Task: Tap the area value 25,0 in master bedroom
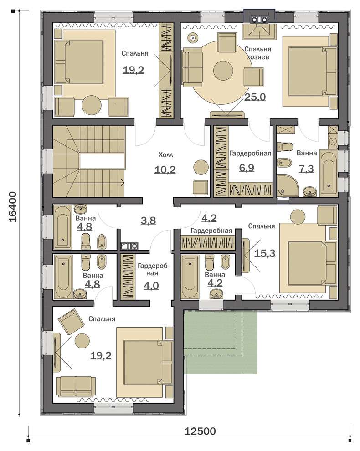coord(255,97)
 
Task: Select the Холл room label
coord(166,155)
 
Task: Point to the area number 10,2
coord(165,170)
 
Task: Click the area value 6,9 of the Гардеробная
coord(247,167)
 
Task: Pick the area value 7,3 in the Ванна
coord(306,169)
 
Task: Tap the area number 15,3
coord(265,253)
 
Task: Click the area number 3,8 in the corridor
coord(148,220)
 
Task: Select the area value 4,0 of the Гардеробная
coord(151,286)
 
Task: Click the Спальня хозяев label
coord(258,53)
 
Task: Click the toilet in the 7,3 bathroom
coord(285,147)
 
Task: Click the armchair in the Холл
coord(200,188)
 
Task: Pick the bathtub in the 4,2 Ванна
coord(190,277)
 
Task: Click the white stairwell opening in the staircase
coord(102,162)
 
